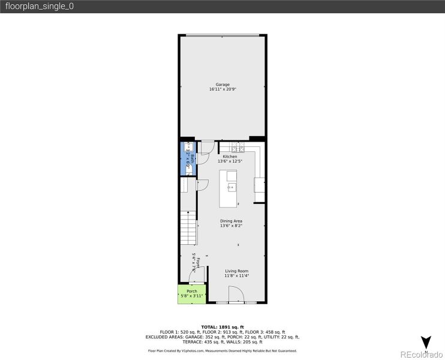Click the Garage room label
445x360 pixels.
[x=222, y=85]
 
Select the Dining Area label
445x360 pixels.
[x=231, y=221]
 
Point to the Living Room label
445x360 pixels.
[x=236, y=271]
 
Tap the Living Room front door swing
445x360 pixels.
[x=235, y=293]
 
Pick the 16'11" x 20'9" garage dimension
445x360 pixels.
[x=222, y=89]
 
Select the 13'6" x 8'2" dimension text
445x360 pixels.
[x=231, y=226]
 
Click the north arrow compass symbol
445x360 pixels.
[x=426, y=343]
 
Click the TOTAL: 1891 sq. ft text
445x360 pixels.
[x=222, y=326]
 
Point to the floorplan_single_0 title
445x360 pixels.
[x=39, y=7]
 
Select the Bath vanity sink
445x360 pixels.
[x=187, y=146]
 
